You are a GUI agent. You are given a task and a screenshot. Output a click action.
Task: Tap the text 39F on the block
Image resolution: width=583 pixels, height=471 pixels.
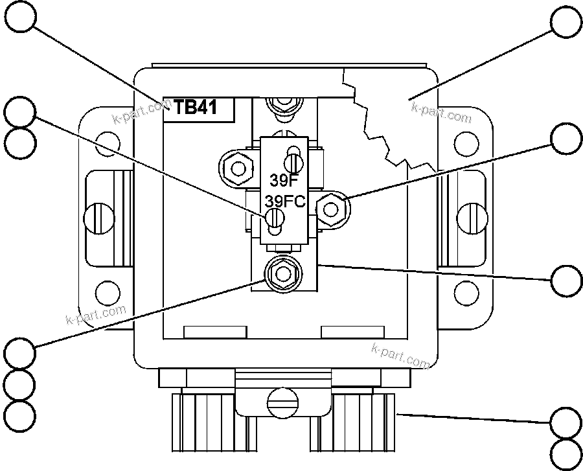[x=280, y=180]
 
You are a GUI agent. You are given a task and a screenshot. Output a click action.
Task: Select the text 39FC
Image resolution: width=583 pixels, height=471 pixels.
[x=284, y=201]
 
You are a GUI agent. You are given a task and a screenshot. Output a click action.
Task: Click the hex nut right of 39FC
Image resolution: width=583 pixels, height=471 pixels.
[x=332, y=209]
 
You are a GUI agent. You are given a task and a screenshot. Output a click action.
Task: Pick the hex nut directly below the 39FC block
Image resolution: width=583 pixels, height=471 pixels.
[x=282, y=274]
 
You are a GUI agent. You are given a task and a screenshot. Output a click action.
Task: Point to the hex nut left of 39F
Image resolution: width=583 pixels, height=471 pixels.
[x=238, y=169]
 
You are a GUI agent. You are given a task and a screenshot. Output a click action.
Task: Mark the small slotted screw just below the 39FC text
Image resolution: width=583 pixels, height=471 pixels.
[x=275, y=220]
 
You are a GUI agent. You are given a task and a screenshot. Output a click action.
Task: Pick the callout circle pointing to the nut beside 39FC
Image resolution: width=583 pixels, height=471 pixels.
[x=566, y=139]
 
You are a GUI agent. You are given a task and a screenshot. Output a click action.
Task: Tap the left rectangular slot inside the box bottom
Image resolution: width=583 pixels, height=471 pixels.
[x=215, y=332]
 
